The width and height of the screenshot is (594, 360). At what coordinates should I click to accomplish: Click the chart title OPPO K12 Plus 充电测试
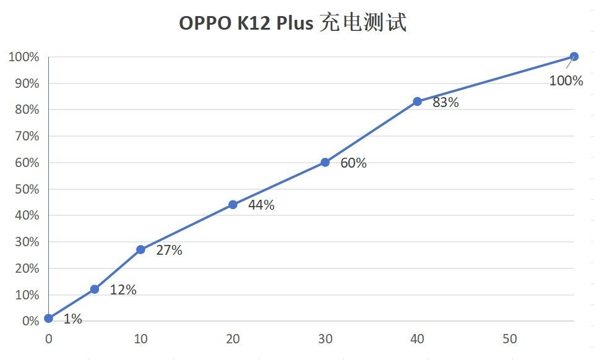coord(293,24)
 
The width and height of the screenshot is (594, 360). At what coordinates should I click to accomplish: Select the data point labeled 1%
coord(49,319)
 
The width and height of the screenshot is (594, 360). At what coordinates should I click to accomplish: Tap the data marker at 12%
coord(95,289)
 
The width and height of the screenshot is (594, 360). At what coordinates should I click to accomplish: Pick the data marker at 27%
coord(140,249)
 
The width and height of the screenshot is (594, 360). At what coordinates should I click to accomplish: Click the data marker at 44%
coord(233,205)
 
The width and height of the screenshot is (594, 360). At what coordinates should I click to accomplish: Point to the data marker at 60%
coord(325,163)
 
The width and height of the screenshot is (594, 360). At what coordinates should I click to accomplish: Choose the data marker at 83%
coord(418,101)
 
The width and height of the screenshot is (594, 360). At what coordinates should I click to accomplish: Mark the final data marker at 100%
coord(574,56)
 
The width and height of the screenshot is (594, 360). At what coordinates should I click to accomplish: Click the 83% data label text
coord(445,103)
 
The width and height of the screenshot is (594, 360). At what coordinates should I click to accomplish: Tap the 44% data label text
coord(261,205)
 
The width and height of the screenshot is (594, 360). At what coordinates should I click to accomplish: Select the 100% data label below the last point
coord(566,80)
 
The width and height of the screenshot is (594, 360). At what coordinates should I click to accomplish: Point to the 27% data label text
coord(169,251)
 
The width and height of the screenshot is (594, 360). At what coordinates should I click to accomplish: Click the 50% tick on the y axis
coord(24,189)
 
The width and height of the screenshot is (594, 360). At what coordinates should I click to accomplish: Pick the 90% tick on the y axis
coord(24,84)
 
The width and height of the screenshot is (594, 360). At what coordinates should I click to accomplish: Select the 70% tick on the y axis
coord(24,136)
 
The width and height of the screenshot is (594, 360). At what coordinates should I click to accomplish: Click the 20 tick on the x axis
coord(233,339)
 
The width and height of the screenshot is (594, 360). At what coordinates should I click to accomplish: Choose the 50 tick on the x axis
coord(510,339)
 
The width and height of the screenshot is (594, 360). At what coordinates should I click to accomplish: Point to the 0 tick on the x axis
coord(49,339)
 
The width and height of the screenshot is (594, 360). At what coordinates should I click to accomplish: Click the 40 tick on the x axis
coord(418,339)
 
